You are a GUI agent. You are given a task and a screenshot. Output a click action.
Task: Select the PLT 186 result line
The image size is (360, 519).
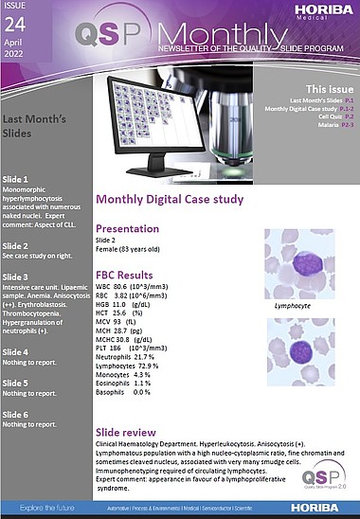click(141, 349)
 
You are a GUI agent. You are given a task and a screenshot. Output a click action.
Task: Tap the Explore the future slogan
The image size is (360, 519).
click(45, 510)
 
